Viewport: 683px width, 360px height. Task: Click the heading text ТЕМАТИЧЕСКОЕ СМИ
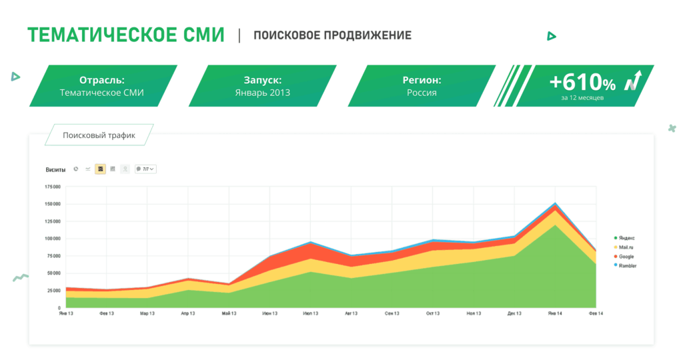click(x=125, y=35)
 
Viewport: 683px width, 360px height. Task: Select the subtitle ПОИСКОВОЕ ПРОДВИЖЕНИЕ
click(x=332, y=35)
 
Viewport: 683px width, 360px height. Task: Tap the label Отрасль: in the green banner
click(x=102, y=80)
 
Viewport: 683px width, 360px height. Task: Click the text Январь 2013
click(x=263, y=93)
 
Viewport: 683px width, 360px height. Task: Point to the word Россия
click(x=422, y=93)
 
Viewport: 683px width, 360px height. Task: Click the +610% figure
click(x=582, y=83)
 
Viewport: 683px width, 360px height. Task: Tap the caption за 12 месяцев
click(x=582, y=98)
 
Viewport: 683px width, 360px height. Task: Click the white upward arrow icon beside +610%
click(x=633, y=81)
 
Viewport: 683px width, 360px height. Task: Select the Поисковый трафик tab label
click(x=99, y=135)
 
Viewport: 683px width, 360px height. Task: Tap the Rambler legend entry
click(x=627, y=266)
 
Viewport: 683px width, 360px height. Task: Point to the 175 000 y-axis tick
click(x=52, y=187)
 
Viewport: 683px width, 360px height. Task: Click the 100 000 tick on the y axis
click(x=52, y=239)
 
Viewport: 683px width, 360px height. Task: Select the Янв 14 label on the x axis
click(x=555, y=313)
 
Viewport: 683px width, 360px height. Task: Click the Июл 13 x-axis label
click(x=310, y=313)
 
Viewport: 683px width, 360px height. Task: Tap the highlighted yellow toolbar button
click(x=100, y=169)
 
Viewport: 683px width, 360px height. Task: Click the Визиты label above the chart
click(x=55, y=169)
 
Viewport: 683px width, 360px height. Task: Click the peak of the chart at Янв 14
click(x=555, y=203)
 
